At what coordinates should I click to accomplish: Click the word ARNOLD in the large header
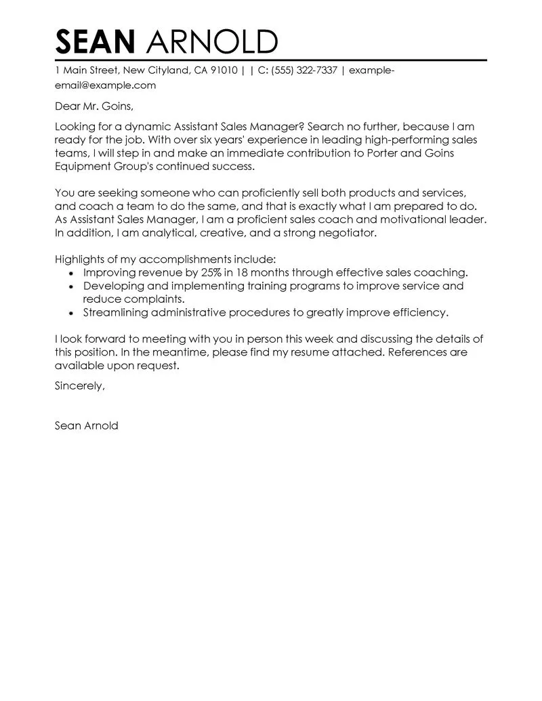point(211,42)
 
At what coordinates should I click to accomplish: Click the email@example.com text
point(105,85)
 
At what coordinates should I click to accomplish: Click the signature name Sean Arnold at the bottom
point(86,426)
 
